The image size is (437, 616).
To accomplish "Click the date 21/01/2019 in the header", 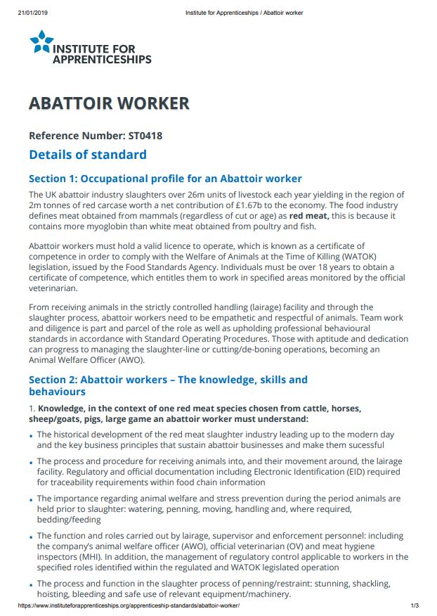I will (x=32, y=12).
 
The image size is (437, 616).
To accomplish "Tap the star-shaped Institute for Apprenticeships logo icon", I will (x=41, y=42).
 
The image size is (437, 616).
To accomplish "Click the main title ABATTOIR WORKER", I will (x=109, y=103).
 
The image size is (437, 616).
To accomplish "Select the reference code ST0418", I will (x=145, y=136).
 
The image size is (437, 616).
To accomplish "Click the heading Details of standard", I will (x=88, y=155).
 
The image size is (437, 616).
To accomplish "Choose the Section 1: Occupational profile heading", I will (x=165, y=179).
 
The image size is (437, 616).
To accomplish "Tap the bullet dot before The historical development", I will (x=32, y=436).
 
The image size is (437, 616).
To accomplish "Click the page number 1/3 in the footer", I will (x=415, y=605).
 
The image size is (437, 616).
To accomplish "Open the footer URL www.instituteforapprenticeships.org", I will (x=128, y=605).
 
